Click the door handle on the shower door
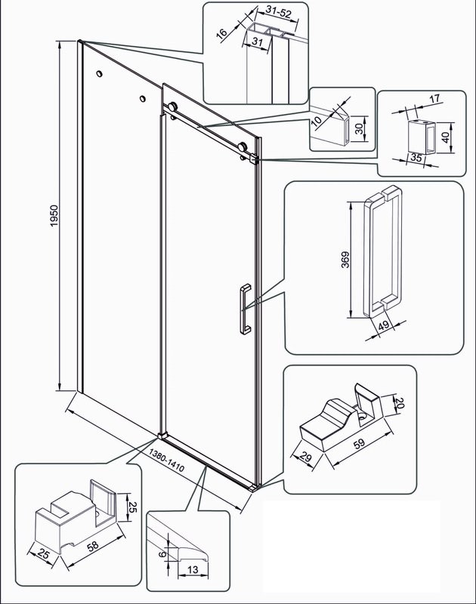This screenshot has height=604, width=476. (243, 309)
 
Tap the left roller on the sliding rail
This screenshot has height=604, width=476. (173, 107)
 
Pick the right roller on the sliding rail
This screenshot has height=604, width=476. (243, 147)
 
